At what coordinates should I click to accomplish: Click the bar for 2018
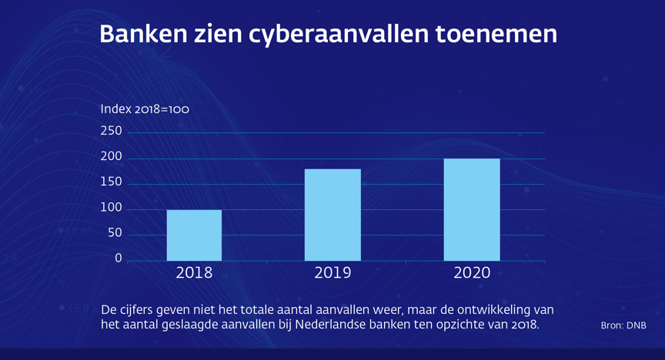pos(194,235)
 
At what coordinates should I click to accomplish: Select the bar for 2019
pos(332,215)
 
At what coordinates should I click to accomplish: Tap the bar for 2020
pos(472,209)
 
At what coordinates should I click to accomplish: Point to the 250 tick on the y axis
pos(112,132)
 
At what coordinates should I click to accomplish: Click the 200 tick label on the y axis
pos(112,158)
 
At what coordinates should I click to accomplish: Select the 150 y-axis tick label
pos(112,183)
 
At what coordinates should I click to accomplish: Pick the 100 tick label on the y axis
pos(112,208)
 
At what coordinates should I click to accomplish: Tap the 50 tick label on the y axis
pos(115,234)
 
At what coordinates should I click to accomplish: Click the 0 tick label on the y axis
pos(119,259)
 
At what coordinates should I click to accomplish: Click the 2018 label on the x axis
pos(194,273)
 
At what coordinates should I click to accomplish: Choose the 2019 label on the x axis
pos(332,273)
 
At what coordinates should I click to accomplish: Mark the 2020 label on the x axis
pos(472,273)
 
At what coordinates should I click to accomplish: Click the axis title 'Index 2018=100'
pos(145,109)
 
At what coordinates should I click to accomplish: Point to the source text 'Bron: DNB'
pos(623,325)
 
